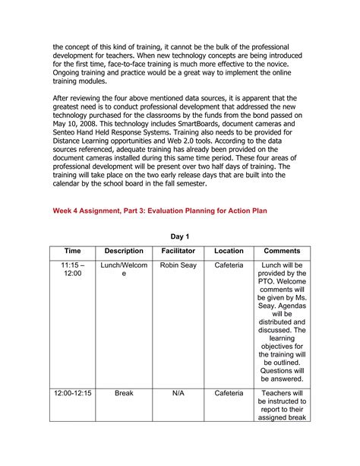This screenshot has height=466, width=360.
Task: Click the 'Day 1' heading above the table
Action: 179,236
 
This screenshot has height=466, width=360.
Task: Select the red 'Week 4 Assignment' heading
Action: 159,210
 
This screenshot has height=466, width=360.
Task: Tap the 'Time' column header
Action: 73,251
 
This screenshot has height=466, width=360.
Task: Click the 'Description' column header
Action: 124,251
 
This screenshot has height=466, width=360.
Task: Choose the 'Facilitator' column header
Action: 178,251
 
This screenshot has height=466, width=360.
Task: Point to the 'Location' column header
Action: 229,251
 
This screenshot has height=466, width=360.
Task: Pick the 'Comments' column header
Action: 282,251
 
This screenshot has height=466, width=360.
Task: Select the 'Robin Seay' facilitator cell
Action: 178,265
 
